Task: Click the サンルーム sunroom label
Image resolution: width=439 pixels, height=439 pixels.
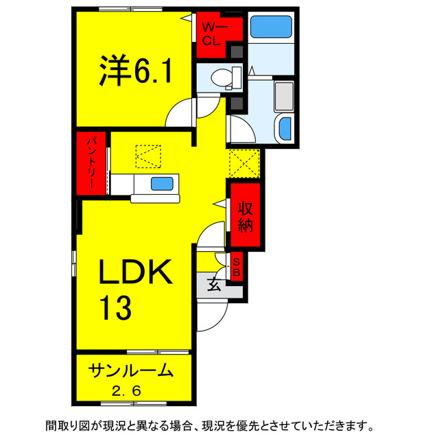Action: [130, 371]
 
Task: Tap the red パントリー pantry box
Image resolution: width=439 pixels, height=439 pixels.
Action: [91, 164]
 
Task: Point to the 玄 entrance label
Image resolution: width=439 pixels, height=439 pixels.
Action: [214, 284]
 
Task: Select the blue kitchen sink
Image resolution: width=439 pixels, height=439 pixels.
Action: [162, 183]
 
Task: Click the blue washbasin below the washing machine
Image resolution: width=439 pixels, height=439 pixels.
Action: [284, 128]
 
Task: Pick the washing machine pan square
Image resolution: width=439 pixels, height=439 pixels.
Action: [283, 95]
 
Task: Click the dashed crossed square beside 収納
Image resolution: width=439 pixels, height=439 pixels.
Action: [244, 163]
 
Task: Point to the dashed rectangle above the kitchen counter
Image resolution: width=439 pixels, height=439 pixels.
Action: [147, 156]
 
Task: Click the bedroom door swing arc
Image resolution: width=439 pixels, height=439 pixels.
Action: [180, 112]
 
